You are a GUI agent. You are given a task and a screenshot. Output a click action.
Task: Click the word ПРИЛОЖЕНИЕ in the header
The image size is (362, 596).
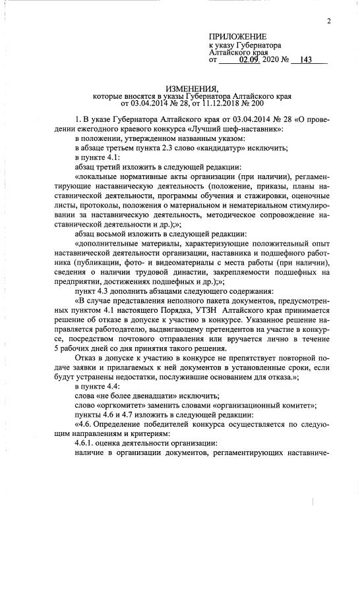[x=237, y=36]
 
